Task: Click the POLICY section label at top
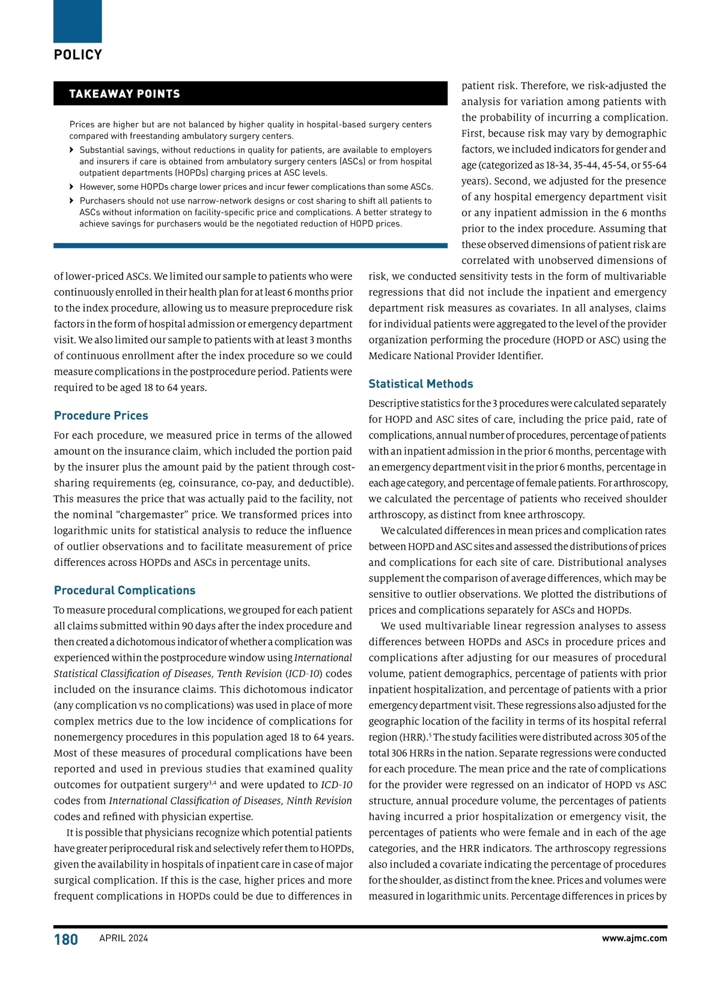[78, 55]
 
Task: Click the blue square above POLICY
[78, 21]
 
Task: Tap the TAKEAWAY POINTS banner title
[124, 94]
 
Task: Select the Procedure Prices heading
[101, 416]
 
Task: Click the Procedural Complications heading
[124, 591]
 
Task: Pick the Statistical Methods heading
[421, 384]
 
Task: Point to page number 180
[66, 940]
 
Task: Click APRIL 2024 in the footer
[123, 938]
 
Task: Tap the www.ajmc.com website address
[634, 938]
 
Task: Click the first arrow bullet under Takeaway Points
[73, 150]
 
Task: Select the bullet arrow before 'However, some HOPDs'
[73, 187]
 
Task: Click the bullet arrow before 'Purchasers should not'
[73, 201]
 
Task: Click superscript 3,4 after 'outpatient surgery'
[212, 782]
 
